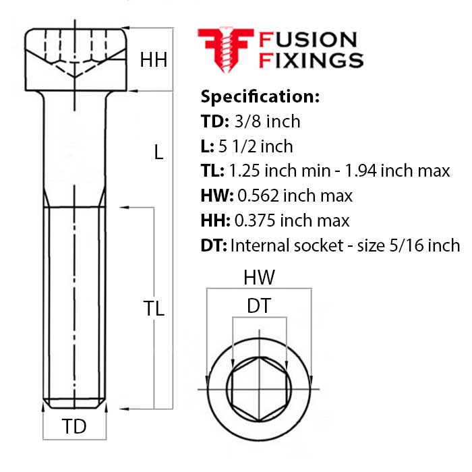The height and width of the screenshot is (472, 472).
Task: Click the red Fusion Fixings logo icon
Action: click(x=225, y=49)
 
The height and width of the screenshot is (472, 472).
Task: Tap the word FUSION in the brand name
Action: click(x=307, y=40)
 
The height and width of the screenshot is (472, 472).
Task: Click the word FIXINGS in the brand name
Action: click(x=311, y=60)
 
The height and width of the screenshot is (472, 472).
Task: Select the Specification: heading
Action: click(x=260, y=96)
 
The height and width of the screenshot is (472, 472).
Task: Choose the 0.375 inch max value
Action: click(x=292, y=220)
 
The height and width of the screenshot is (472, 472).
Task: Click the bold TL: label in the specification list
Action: click(x=214, y=171)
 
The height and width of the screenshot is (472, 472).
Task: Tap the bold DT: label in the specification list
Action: click(x=214, y=245)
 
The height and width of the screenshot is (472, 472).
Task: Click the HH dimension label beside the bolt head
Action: click(x=153, y=60)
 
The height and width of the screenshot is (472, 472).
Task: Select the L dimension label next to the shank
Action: click(x=158, y=153)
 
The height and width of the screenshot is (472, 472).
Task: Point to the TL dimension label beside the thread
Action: click(x=154, y=308)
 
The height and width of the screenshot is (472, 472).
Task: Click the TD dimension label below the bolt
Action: click(x=74, y=427)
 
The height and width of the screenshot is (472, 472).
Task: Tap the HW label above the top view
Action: click(x=259, y=277)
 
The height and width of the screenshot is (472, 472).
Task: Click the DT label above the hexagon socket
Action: click(x=258, y=306)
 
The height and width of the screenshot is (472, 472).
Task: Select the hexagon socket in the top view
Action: click(x=258, y=390)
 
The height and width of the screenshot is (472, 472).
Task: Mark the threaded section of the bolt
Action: click(x=74, y=303)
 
